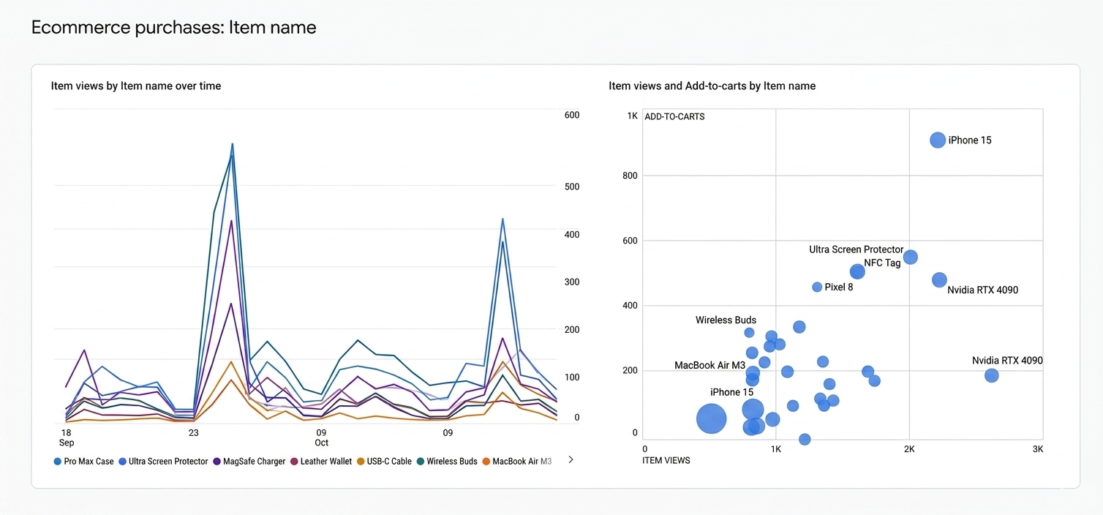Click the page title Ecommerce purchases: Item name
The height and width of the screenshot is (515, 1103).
point(173,28)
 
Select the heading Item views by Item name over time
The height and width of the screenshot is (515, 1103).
point(136,86)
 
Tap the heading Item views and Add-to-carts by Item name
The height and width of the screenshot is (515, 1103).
point(712,86)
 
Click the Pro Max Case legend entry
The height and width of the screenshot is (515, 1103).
point(83,462)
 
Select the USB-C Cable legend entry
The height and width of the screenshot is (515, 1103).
point(384,462)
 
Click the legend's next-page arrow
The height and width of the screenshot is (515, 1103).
point(571,460)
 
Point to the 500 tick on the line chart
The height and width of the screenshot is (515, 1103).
point(571,187)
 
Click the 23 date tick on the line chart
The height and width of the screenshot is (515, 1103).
point(193,433)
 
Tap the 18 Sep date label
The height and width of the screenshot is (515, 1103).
point(66,437)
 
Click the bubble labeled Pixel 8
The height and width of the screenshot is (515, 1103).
point(817,287)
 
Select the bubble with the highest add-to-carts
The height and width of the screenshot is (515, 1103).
point(938,140)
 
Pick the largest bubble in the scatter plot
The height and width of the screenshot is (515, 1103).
point(711,419)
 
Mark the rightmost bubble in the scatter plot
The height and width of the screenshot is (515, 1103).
point(992,375)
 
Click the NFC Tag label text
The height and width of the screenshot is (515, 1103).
point(882,263)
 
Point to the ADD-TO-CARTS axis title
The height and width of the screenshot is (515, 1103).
point(674,116)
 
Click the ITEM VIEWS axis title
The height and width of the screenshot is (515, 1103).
point(666,460)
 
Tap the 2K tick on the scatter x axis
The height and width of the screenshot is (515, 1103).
point(909,448)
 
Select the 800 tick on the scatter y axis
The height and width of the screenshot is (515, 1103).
point(630,176)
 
